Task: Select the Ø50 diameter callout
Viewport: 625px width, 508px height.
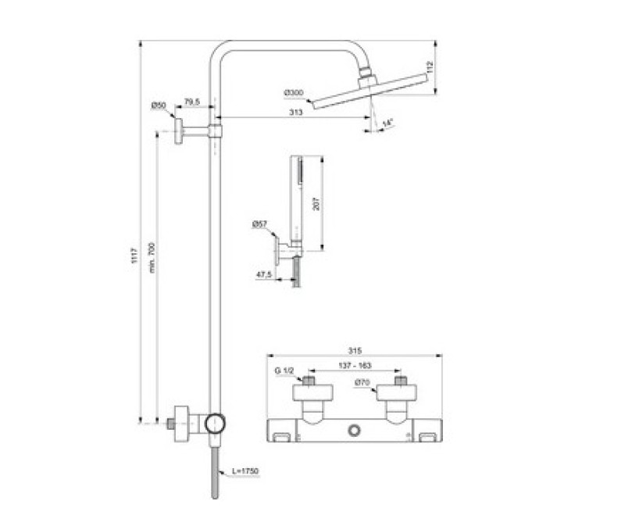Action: pyautogui.click(x=159, y=105)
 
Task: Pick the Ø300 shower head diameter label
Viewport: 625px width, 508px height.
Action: pyautogui.click(x=294, y=93)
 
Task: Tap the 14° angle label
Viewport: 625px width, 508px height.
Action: pyautogui.click(x=387, y=123)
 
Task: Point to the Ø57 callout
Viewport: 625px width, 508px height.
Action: pyautogui.click(x=260, y=225)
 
